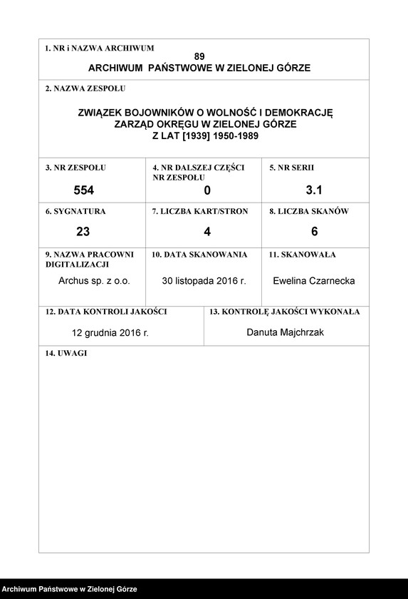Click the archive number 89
[199, 56]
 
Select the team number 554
[84, 190]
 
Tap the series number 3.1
[314, 190]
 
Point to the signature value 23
[83, 231]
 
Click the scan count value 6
[314, 231]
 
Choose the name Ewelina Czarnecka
[313, 281]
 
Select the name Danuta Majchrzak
[285, 332]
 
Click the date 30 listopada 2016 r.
[204, 281]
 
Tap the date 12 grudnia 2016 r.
[110, 332]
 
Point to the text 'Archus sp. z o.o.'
[94, 281]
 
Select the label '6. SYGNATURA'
[75, 212]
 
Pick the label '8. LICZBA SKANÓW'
[308, 212]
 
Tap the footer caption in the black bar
[69, 590]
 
